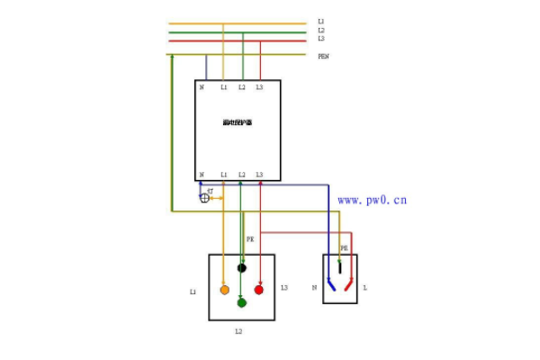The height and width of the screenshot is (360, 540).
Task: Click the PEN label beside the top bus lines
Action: [x=323, y=56]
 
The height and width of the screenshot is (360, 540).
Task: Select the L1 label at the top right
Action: [x=321, y=21]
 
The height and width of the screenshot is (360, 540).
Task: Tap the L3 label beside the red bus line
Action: [x=321, y=39]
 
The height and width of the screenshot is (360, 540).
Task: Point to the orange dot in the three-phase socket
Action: [x=224, y=290]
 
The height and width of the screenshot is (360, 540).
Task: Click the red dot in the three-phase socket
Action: [x=258, y=290]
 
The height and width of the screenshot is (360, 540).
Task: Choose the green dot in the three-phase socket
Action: [x=241, y=302]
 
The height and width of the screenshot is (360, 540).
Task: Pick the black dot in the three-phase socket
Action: [x=241, y=267]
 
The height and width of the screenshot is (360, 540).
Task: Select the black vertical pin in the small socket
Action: [x=339, y=266]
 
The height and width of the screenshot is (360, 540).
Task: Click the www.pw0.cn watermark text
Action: [x=372, y=200]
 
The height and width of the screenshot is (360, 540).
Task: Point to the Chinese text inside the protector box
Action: [x=238, y=122]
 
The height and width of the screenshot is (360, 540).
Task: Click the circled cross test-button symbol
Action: [x=204, y=198]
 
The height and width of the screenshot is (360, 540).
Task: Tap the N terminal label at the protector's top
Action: [x=202, y=87]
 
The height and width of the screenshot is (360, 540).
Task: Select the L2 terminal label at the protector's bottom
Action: [x=241, y=175]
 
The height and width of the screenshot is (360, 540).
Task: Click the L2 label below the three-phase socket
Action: [x=238, y=332]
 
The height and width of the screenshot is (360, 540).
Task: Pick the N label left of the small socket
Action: [x=314, y=288]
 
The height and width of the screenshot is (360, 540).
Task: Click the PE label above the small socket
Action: [x=344, y=247]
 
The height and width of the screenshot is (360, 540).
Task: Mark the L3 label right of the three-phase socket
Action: [x=283, y=288]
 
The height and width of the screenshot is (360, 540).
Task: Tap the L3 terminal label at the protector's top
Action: [x=259, y=87]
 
